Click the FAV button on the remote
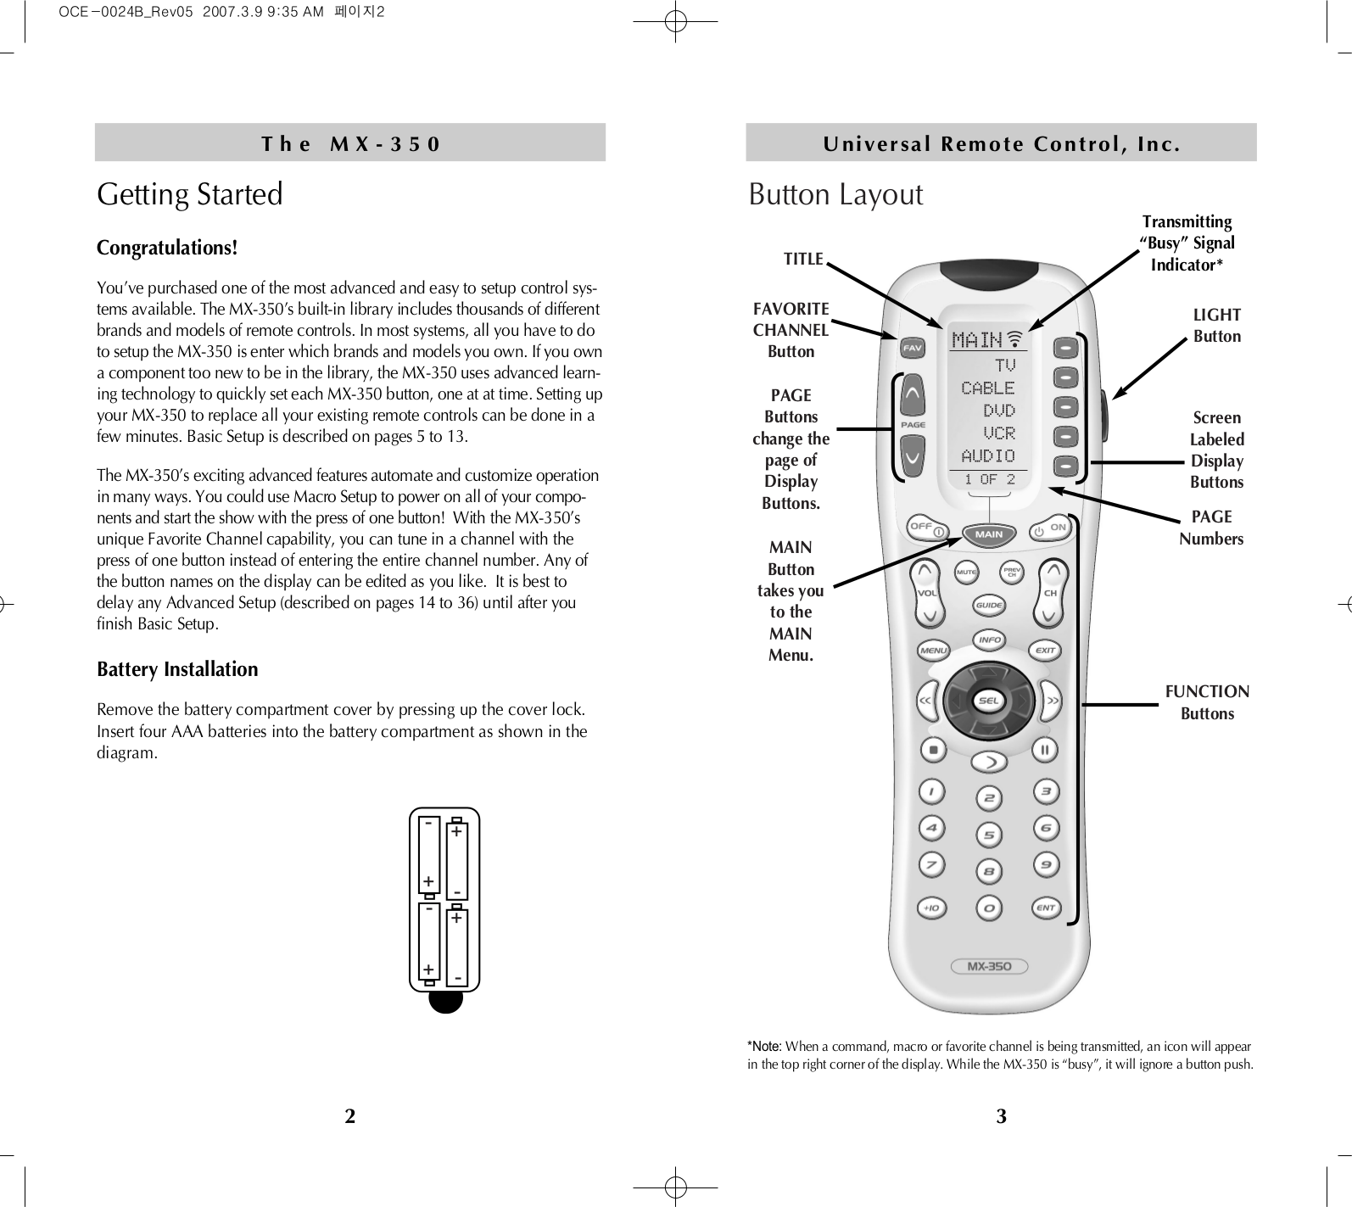tap(912, 348)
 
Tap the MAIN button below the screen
tap(989, 534)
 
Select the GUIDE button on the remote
tap(989, 606)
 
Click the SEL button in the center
tap(989, 701)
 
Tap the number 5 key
tap(989, 835)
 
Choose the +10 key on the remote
tap(931, 908)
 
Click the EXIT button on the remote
tap(1046, 651)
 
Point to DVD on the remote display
tap(998, 411)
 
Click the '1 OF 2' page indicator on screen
tap(989, 479)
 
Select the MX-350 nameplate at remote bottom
tap(989, 966)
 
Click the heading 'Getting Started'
tap(190, 194)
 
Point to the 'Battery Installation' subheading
tap(177, 669)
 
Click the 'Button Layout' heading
tap(835, 194)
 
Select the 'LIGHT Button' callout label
tap(1216, 326)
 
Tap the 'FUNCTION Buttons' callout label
tap(1207, 702)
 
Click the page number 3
tap(1002, 1116)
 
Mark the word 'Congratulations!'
tap(167, 248)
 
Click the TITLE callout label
tap(803, 259)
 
